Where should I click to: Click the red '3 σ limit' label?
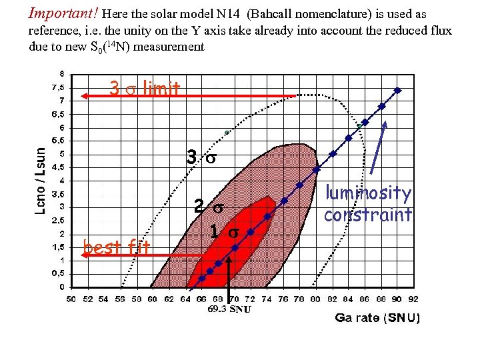click(x=144, y=88)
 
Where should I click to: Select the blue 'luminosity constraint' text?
click(x=368, y=204)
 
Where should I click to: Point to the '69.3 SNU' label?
click(x=229, y=310)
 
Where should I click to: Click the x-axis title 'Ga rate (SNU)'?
click(x=377, y=318)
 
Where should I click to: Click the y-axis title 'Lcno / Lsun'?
click(x=41, y=180)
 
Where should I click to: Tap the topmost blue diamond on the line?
click(x=397, y=90)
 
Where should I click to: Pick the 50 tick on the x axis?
click(x=71, y=299)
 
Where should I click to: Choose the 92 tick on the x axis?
click(x=413, y=299)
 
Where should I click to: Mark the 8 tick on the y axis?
click(x=62, y=73)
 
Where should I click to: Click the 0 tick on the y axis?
click(x=62, y=287)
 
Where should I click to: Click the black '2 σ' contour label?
click(x=208, y=207)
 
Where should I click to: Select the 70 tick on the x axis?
click(x=234, y=299)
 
